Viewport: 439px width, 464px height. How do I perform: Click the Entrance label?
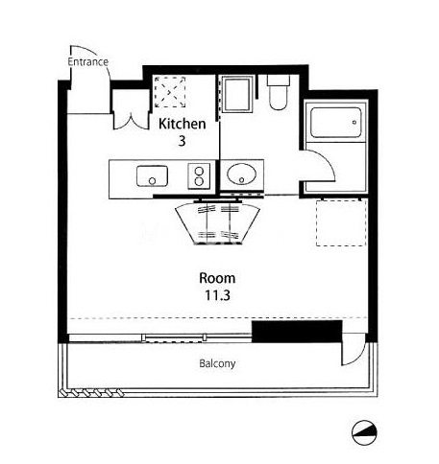(88, 61)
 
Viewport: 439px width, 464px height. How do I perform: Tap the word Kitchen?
(183, 124)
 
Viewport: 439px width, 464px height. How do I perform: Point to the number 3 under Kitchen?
(182, 141)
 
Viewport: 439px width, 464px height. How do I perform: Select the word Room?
(217, 278)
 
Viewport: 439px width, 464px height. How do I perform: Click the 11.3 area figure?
(217, 295)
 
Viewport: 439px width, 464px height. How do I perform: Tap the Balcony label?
(217, 363)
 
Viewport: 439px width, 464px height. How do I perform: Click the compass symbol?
(364, 432)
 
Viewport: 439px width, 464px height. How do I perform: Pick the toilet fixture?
(279, 93)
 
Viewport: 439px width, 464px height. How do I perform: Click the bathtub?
(336, 123)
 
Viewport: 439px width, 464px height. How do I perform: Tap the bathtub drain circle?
(354, 122)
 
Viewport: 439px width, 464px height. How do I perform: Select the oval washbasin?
(242, 174)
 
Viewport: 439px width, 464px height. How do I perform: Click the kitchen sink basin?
(152, 176)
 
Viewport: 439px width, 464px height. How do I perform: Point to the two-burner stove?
(199, 175)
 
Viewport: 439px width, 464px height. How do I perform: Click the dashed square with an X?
(170, 92)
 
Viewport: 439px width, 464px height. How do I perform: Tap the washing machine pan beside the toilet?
(237, 94)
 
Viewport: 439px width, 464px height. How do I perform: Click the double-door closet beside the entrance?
(132, 110)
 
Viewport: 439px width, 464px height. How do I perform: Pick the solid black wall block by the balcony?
(297, 332)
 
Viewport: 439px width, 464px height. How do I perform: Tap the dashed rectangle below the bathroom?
(341, 223)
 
